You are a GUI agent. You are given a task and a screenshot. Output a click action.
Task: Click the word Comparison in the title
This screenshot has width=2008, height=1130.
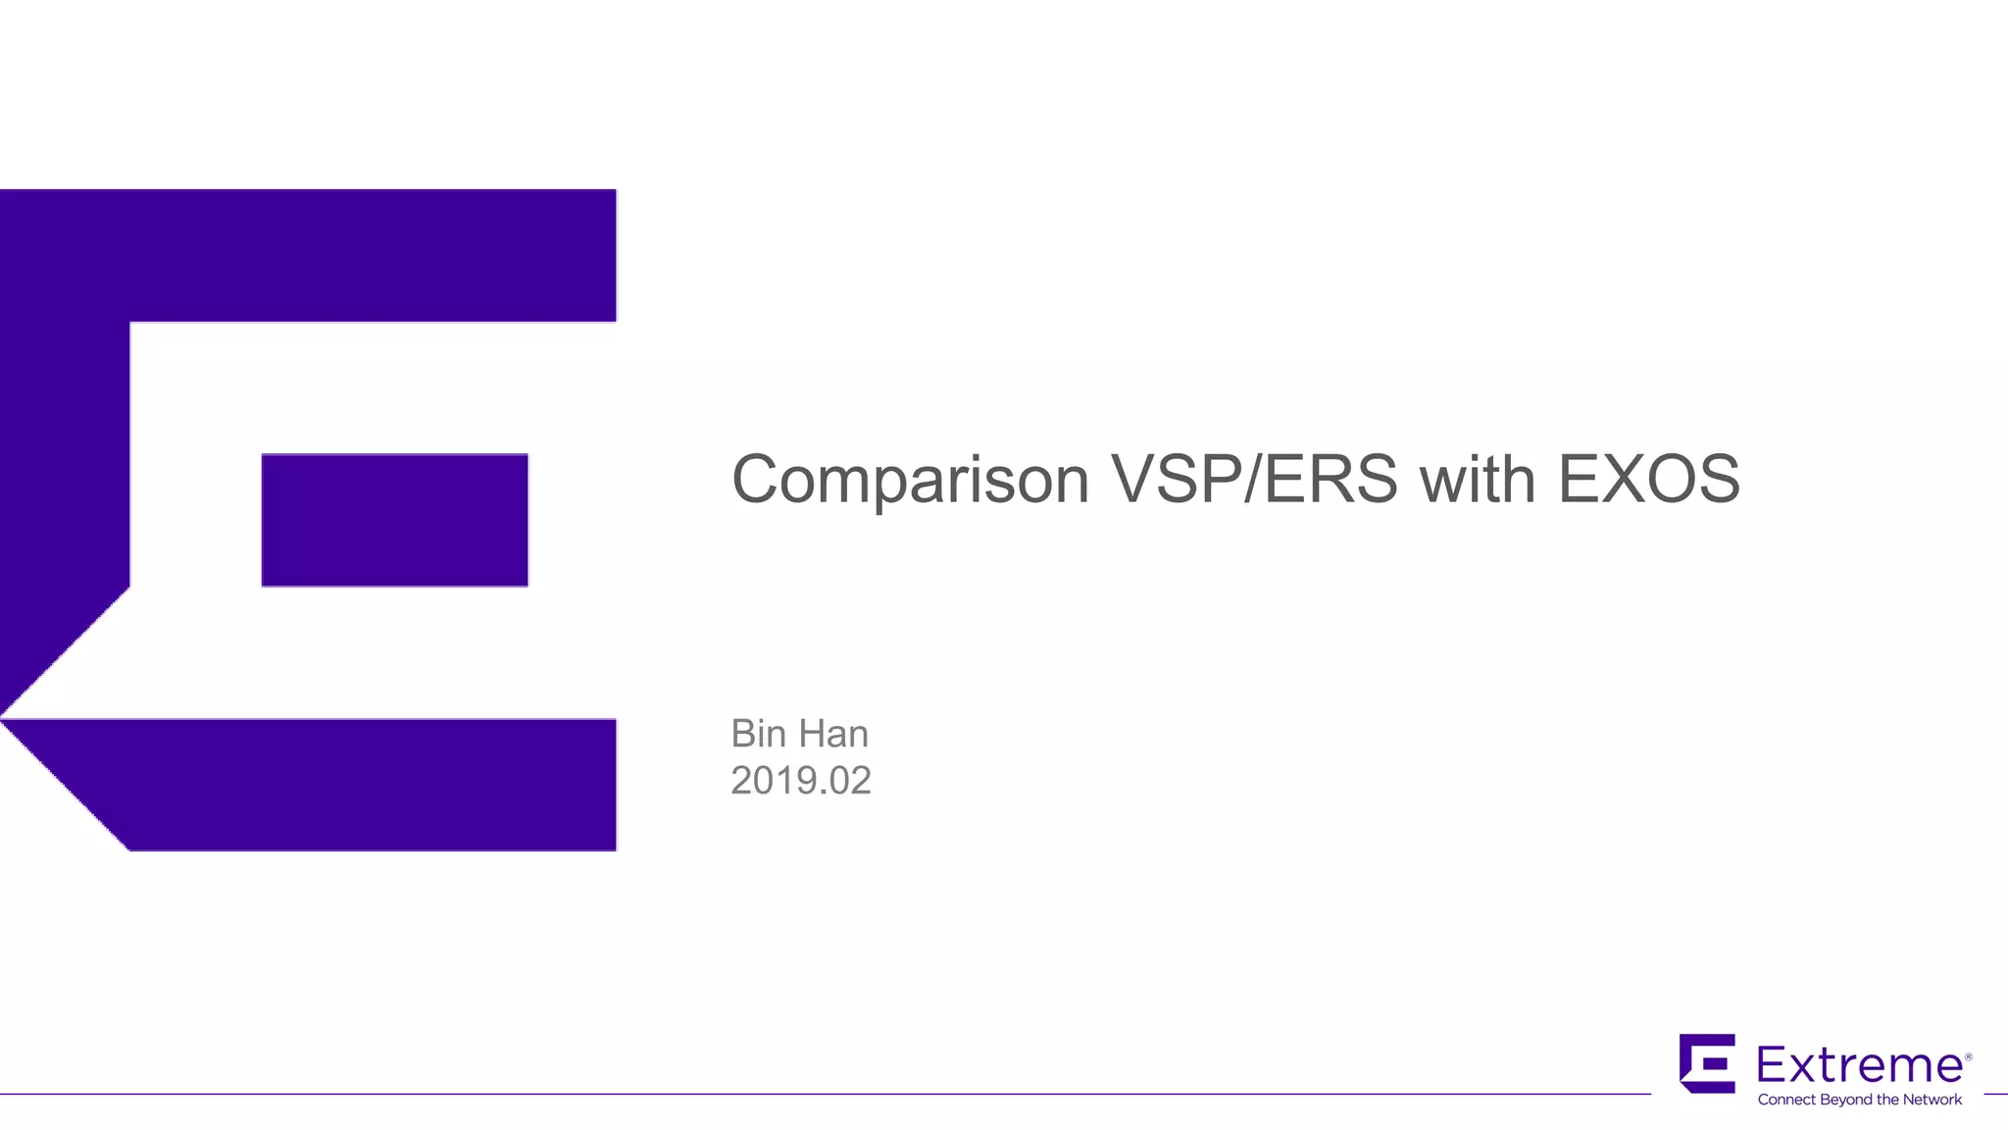point(910,481)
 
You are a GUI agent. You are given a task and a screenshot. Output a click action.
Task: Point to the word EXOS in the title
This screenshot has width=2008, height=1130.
point(1649,481)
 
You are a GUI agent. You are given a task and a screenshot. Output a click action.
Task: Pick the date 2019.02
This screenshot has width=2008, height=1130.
point(800,781)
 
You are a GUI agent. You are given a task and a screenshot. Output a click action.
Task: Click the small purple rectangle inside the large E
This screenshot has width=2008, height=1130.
point(394,520)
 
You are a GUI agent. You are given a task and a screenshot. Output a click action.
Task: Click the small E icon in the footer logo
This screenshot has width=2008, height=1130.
point(1707,1063)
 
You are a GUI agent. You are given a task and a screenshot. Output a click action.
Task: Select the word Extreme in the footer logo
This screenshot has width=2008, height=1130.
point(1858,1064)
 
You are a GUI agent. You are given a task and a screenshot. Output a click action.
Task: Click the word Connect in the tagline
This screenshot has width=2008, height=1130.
point(1786,1100)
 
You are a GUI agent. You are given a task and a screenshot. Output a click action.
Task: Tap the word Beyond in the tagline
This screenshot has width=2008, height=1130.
point(1846,1100)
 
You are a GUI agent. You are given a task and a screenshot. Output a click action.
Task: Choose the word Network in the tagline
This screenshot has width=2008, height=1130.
point(1932,1100)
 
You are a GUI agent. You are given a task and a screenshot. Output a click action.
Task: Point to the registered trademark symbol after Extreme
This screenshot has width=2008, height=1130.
point(1968,1056)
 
